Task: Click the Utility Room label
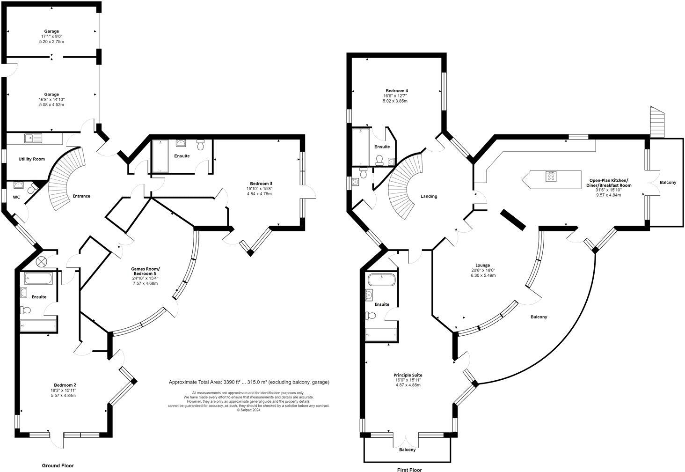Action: [32, 159]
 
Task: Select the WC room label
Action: [16, 197]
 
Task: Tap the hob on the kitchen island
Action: [551, 177]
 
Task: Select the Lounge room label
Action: [482, 265]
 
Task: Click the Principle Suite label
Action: [408, 375]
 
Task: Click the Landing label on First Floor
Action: [429, 196]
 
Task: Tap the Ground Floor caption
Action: [58, 465]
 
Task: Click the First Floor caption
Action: [409, 469]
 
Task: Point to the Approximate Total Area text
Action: [249, 382]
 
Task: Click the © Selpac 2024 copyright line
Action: [249, 410]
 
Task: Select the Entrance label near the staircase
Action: [81, 196]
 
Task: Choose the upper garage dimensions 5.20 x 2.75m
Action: [51, 42]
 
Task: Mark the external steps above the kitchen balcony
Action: [657, 122]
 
